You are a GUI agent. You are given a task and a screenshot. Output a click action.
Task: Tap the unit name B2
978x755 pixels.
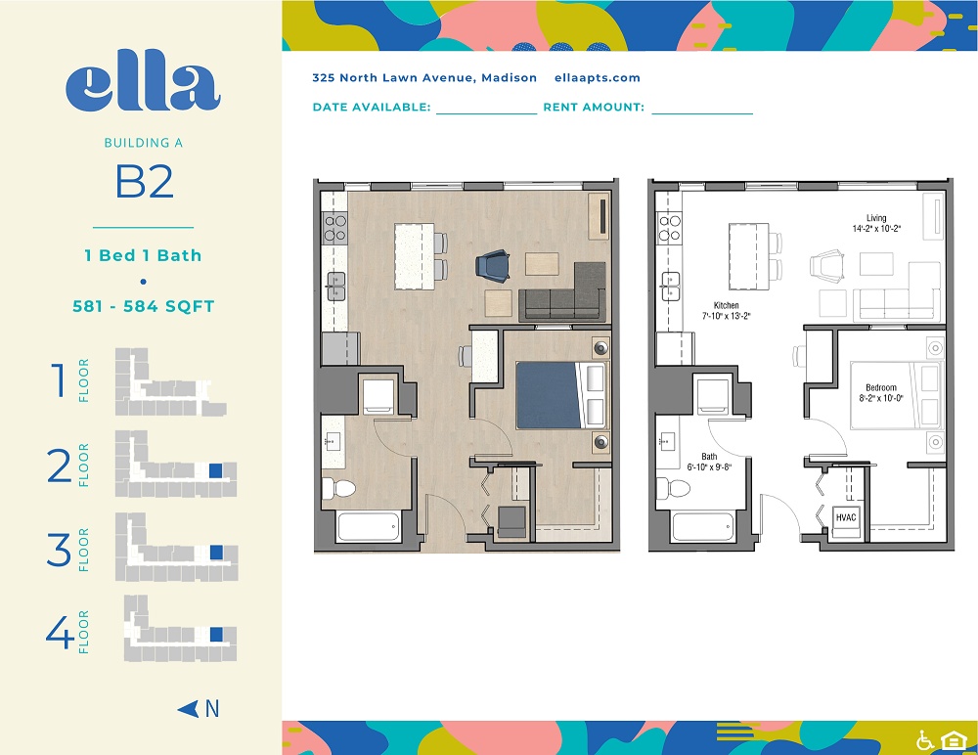pyautogui.click(x=144, y=182)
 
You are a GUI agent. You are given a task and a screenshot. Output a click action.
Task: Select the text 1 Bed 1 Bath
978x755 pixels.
pyautogui.click(x=144, y=255)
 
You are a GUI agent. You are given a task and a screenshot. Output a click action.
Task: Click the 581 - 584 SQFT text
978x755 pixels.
pyautogui.click(x=144, y=306)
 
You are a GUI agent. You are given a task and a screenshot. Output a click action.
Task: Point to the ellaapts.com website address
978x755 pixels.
pyautogui.click(x=597, y=78)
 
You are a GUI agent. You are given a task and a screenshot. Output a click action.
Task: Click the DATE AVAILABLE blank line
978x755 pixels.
pyautogui.click(x=486, y=113)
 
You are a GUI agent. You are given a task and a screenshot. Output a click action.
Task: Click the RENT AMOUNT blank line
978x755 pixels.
pyautogui.click(x=702, y=113)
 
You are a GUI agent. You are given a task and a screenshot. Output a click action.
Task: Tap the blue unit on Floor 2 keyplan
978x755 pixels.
pyautogui.click(x=216, y=470)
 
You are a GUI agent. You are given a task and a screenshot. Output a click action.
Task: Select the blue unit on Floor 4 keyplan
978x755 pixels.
pyautogui.click(x=216, y=635)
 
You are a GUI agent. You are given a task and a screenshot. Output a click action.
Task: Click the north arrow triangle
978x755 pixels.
pyautogui.click(x=189, y=709)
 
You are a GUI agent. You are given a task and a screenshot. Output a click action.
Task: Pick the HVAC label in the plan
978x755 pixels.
pyautogui.click(x=846, y=517)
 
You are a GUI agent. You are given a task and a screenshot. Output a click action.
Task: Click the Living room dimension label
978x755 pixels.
pyautogui.click(x=876, y=229)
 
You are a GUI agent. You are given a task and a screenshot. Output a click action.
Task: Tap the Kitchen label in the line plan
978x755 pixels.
pyautogui.click(x=726, y=305)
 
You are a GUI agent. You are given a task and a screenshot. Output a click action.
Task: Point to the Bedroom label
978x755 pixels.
pyautogui.click(x=881, y=387)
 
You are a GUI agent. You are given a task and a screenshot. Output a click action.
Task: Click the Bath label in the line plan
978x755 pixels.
pyautogui.click(x=709, y=456)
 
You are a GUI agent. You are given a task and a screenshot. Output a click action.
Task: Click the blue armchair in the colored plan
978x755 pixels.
pyautogui.click(x=493, y=265)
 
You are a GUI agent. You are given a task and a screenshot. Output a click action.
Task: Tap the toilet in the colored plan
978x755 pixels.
pyautogui.click(x=338, y=488)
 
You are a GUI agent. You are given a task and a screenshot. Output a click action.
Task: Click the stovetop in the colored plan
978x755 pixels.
pyautogui.click(x=334, y=227)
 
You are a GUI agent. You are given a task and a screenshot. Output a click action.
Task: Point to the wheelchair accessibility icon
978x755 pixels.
pyautogui.click(x=925, y=740)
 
